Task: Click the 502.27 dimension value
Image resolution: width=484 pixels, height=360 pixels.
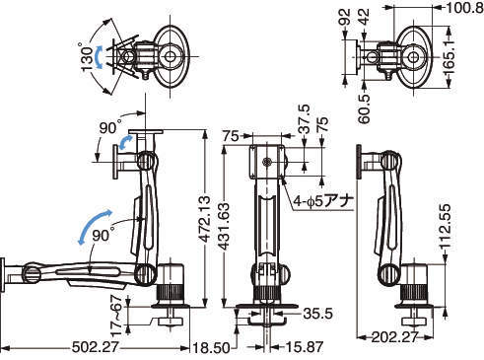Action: tap(95, 347)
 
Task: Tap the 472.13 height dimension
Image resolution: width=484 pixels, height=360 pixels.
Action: tap(205, 219)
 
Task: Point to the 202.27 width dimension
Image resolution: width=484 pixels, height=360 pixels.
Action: tap(394, 336)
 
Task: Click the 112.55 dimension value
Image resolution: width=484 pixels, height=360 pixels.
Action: tap(445, 226)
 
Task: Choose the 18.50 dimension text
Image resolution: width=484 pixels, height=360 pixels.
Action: tap(211, 348)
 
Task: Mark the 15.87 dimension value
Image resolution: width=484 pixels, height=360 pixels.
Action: tap(304, 347)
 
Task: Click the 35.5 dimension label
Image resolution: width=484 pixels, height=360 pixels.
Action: tap(317, 314)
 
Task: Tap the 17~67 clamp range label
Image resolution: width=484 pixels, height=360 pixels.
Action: tap(116, 315)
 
